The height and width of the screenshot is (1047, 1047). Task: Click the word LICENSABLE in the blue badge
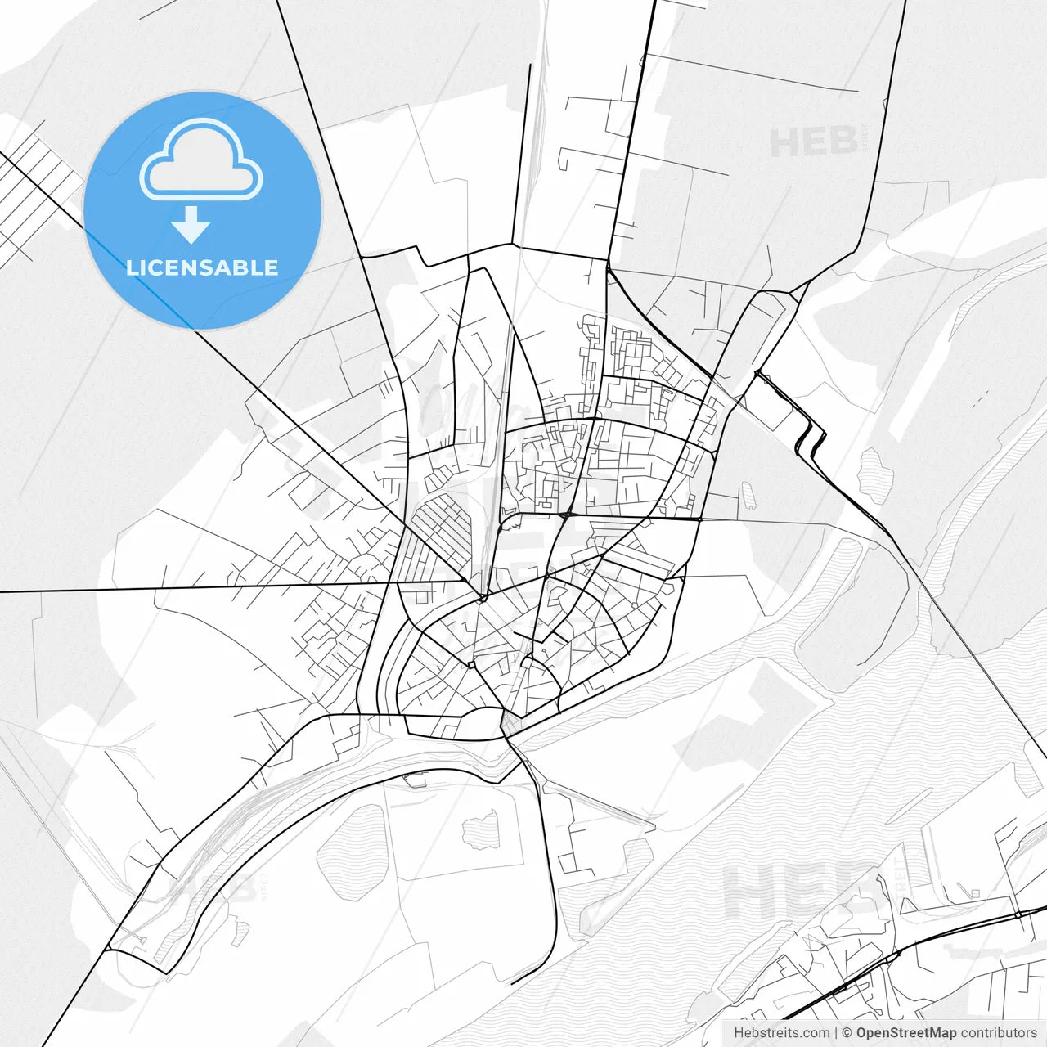202,267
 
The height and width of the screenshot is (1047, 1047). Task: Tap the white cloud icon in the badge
201,161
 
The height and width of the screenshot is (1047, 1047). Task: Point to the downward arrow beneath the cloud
191,225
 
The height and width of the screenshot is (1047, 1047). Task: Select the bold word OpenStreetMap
906,1033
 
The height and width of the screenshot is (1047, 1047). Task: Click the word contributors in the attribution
999,1033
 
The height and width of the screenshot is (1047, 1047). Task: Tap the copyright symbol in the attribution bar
847,1033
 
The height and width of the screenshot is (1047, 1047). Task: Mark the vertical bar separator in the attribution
836,1033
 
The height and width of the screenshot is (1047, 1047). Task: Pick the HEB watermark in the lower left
209,887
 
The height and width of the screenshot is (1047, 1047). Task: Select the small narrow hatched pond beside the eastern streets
748,495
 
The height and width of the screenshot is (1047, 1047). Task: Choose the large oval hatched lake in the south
350,851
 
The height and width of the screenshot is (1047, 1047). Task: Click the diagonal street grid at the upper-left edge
37,196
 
